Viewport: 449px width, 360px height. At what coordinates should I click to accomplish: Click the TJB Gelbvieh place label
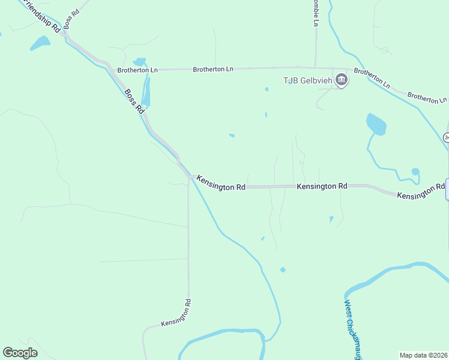[308, 81]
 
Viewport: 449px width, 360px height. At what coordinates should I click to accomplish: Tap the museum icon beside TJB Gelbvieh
[342, 80]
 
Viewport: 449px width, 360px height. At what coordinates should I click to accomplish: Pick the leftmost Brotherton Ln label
[137, 70]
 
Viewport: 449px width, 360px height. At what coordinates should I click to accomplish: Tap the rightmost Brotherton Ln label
[427, 98]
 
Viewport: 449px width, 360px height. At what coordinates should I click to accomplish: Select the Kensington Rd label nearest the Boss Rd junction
[221, 183]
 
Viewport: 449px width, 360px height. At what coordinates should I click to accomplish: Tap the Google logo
[20, 353]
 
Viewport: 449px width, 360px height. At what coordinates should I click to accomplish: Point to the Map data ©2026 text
[423, 355]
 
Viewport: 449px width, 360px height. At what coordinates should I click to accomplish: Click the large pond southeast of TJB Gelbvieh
[376, 124]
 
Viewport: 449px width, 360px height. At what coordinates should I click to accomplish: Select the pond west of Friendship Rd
[40, 43]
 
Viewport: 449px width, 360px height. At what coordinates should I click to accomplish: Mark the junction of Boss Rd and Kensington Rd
[190, 177]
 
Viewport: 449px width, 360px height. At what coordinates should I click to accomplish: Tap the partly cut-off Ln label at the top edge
[315, 13]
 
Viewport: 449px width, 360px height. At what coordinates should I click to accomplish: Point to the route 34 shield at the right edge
[446, 137]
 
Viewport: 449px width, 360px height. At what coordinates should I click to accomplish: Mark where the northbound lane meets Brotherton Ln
[316, 68]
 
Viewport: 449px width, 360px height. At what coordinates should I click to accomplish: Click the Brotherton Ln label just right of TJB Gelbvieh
[372, 79]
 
